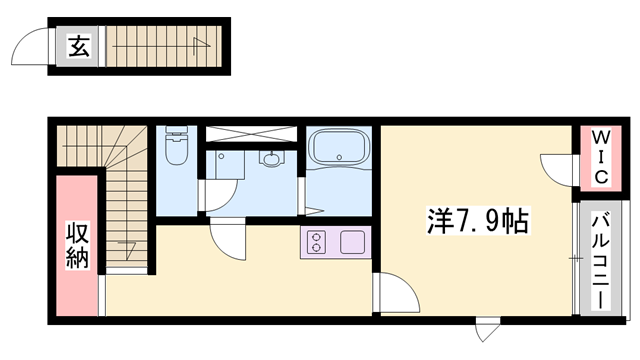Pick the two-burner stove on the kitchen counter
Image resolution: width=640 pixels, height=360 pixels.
pos(316,241)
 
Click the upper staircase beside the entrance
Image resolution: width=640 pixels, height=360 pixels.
pos(159,43)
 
